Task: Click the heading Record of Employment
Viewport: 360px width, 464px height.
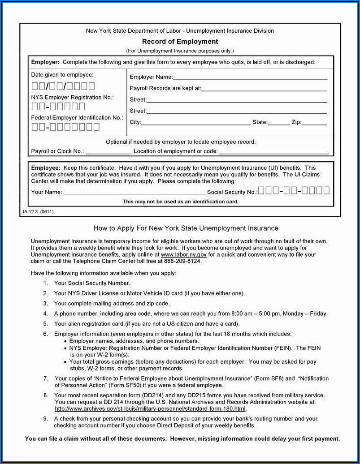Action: click(x=180, y=42)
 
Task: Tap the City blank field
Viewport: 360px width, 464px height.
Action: click(x=196, y=123)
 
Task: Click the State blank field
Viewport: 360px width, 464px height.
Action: click(x=279, y=123)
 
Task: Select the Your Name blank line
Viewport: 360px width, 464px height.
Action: click(x=134, y=193)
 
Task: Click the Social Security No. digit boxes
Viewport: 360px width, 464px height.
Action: click(x=294, y=191)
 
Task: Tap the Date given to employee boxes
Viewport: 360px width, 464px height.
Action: click(x=63, y=86)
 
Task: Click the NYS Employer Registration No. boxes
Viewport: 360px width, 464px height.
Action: click(x=58, y=107)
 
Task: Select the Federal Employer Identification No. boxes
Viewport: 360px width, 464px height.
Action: click(x=65, y=127)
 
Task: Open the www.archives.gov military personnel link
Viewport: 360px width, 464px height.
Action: click(x=151, y=408)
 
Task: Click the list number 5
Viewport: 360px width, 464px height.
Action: click(x=45, y=323)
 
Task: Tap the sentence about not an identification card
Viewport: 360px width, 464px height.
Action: click(x=181, y=202)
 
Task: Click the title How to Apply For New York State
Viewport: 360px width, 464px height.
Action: click(x=186, y=228)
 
